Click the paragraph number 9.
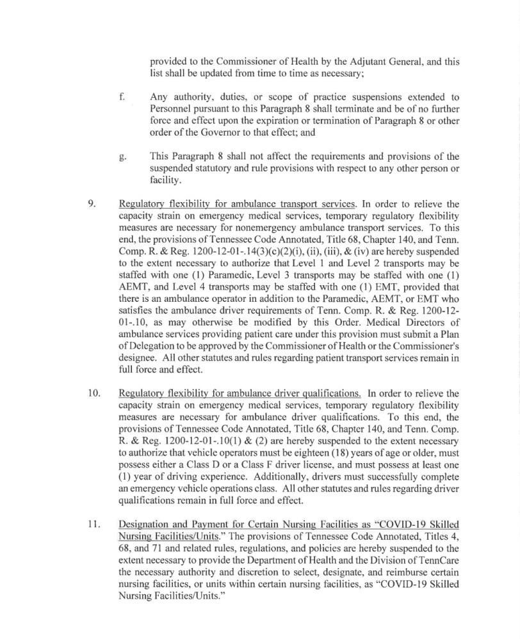91,205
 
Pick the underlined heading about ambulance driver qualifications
240,393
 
